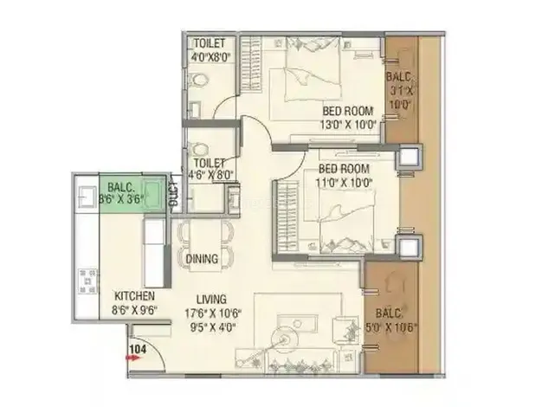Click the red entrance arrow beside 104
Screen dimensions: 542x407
[134, 359]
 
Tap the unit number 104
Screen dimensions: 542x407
[138, 349]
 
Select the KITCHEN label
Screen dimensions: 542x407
[134, 296]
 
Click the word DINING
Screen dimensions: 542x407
[202, 259]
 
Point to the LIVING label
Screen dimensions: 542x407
[211, 299]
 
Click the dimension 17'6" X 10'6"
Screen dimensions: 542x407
[213, 313]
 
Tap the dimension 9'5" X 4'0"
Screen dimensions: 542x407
[213, 326]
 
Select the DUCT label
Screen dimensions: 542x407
[175, 195]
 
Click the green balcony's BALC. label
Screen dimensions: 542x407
[120, 188]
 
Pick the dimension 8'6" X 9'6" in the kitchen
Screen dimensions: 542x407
[134, 310]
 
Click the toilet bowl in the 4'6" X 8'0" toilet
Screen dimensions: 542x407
[199, 150]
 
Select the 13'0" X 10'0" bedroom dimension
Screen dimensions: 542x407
[348, 125]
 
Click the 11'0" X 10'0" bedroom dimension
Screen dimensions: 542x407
[344, 182]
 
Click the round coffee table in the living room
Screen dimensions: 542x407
[285, 339]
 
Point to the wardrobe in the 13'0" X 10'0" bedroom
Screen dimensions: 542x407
[250, 64]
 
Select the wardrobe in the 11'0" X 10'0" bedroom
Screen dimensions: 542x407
[288, 217]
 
